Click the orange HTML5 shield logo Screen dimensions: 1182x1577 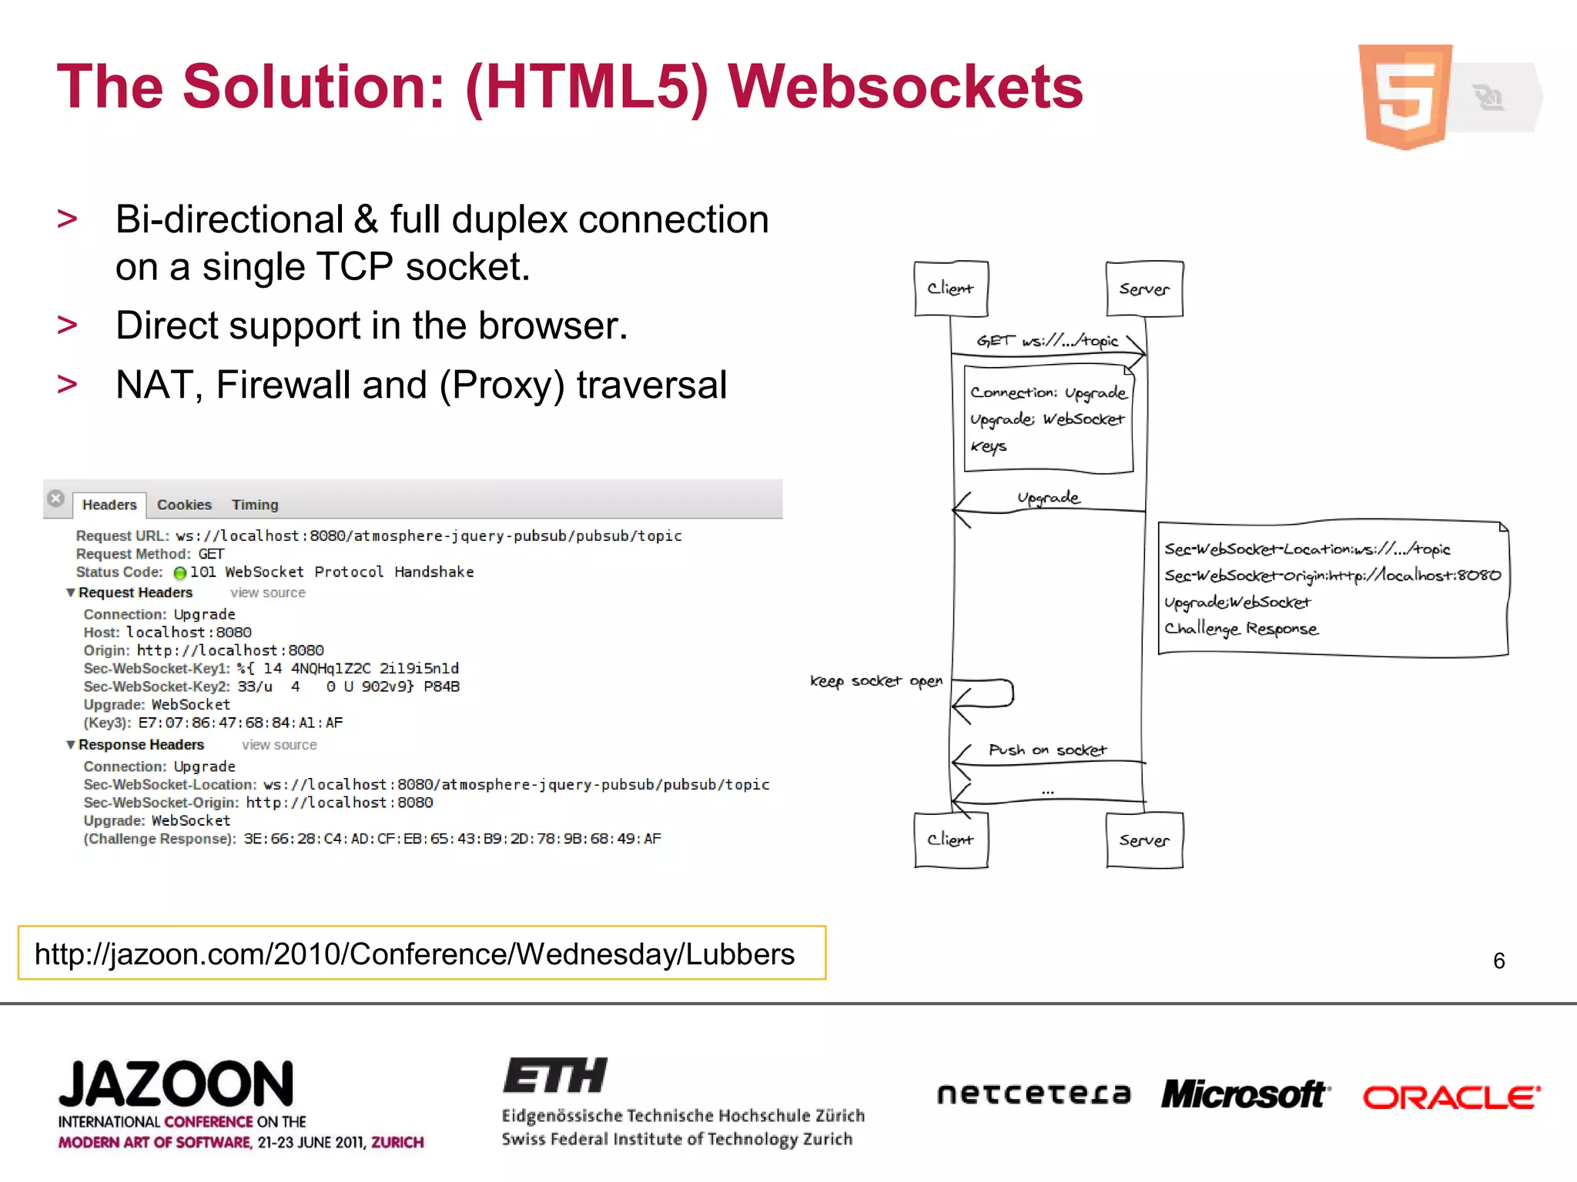coord(1405,96)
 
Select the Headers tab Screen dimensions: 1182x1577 coord(109,505)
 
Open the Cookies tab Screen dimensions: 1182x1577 coord(184,505)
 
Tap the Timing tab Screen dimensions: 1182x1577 coord(255,505)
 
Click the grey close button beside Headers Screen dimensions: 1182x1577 coord(55,499)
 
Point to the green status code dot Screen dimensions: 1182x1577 coord(180,573)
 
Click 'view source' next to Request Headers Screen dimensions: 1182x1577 coord(268,593)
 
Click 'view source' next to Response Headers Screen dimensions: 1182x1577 coord(279,745)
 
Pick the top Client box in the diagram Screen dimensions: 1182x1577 coord(951,289)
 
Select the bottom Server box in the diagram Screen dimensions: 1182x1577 coord(1144,840)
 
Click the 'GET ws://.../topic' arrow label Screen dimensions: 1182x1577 coord(1047,340)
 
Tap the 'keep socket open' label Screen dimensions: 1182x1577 coord(876,681)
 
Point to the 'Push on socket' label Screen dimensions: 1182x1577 coord(1047,750)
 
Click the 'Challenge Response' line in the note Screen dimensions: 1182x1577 coord(1241,629)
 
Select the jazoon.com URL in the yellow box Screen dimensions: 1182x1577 coord(414,954)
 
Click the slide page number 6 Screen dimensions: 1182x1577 coord(1498,960)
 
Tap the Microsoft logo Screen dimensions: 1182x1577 coord(1245,1094)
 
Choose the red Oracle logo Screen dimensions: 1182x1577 coord(1451,1097)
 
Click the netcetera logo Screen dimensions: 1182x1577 coord(1034,1094)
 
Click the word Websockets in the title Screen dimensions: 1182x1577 coord(906,86)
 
